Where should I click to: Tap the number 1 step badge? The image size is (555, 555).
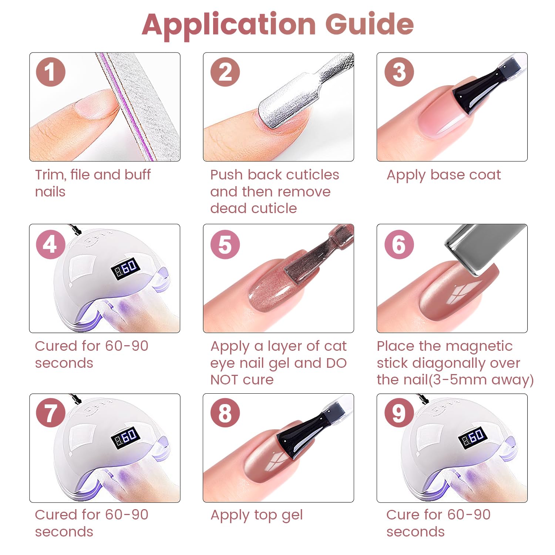click(x=51, y=72)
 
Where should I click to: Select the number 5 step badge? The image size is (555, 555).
click(x=225, y=244)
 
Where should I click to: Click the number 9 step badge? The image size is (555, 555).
click(x=399, y=413)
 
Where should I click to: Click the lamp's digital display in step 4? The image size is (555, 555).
click(x=125, y=268)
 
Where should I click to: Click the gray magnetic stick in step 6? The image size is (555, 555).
click(x=485, y=248)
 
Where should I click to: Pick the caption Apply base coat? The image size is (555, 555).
click(x=444, y=175)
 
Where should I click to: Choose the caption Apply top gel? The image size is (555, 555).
click(x=257, y=515)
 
